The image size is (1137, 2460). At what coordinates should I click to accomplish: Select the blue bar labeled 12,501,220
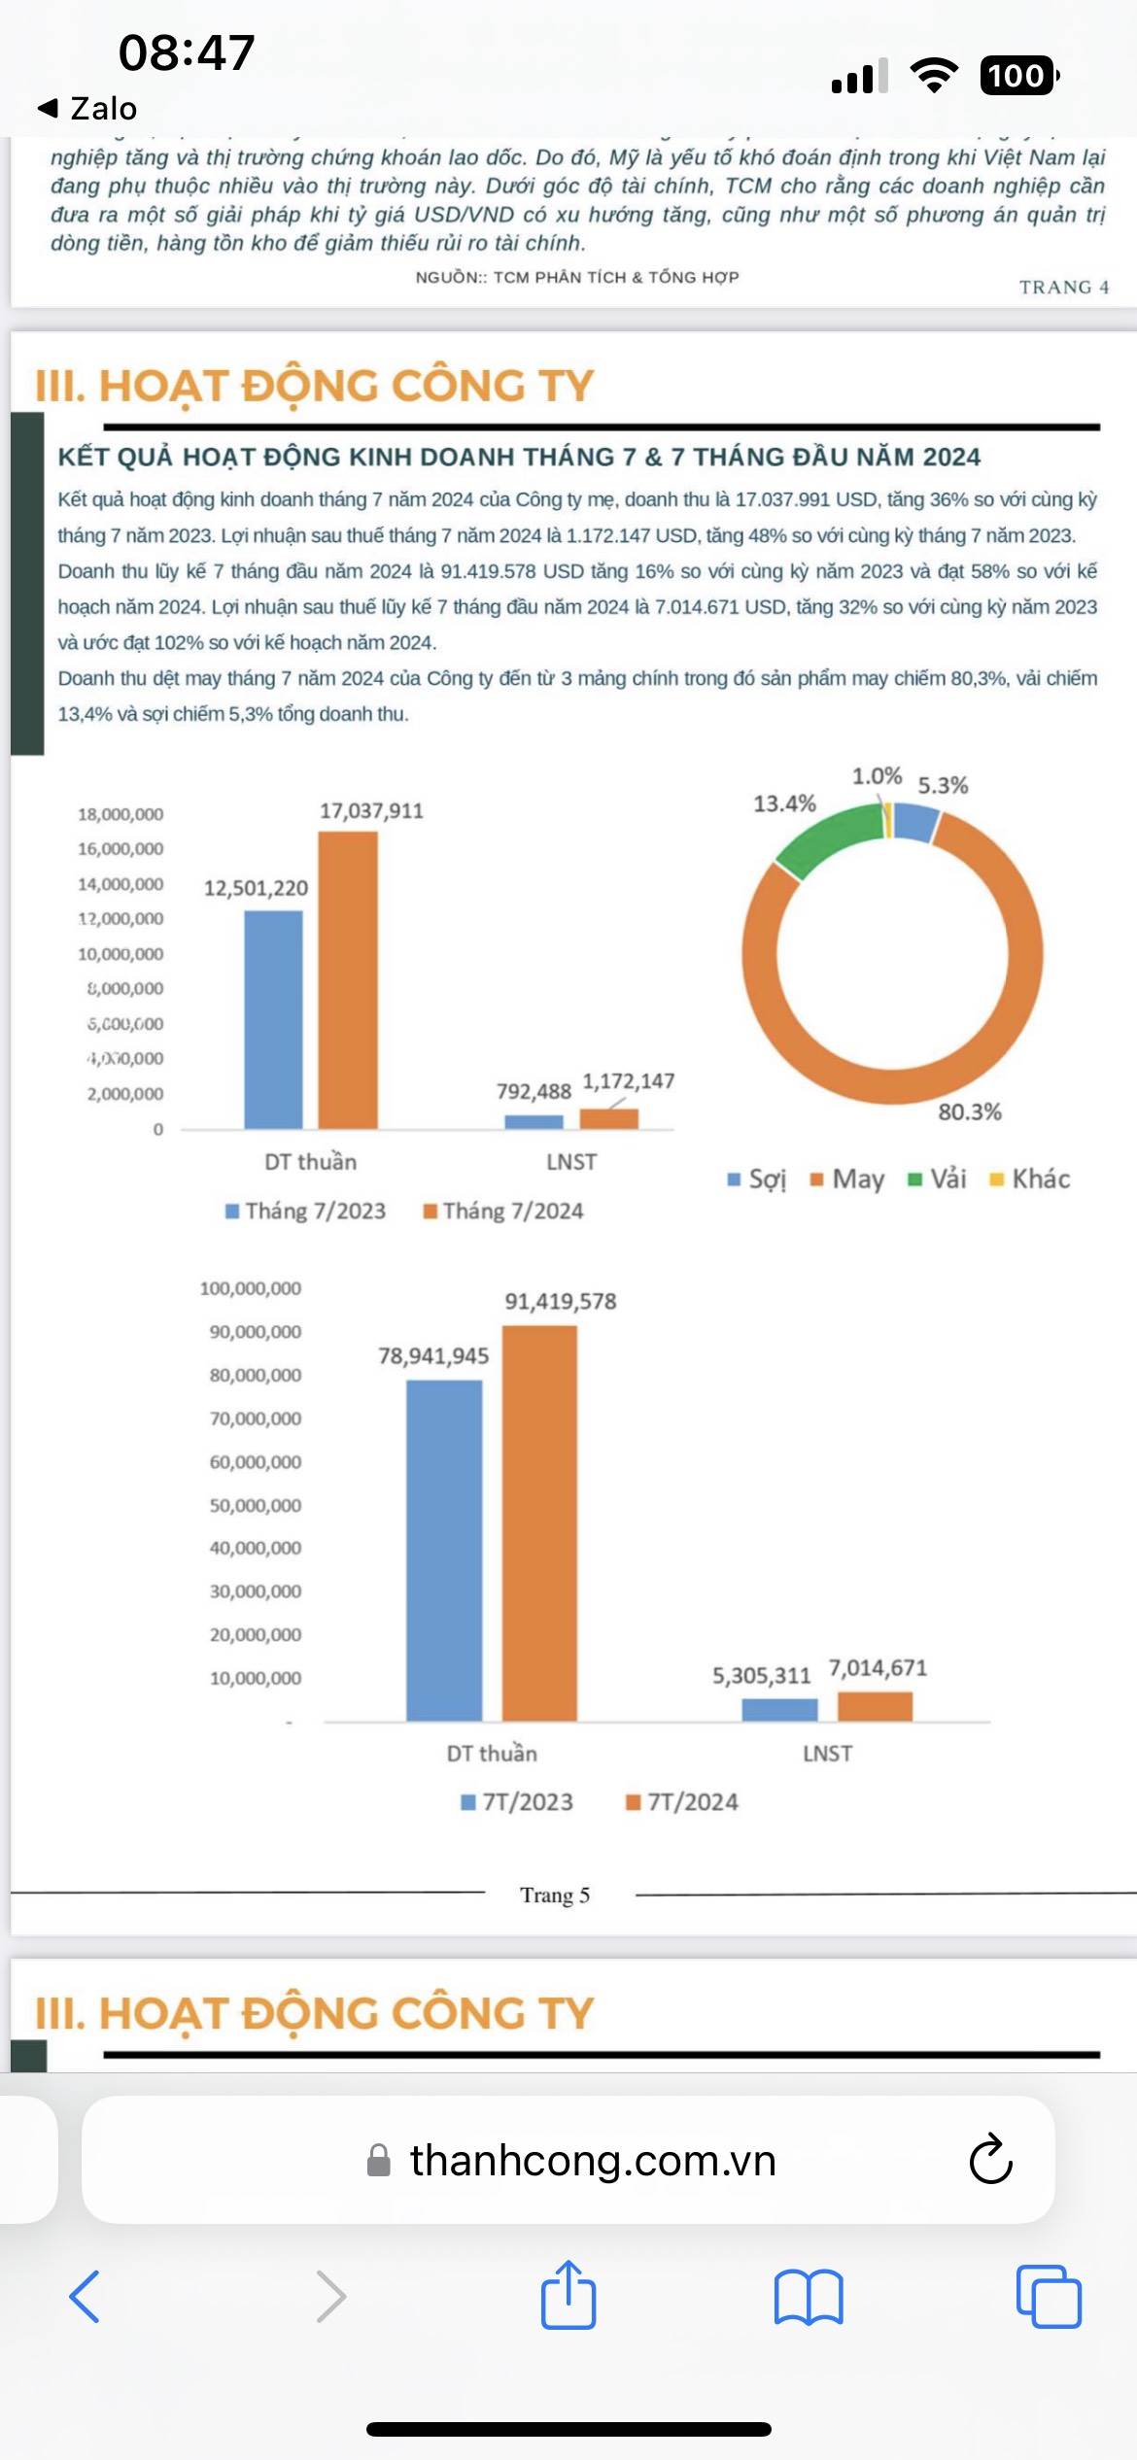[273, 1019]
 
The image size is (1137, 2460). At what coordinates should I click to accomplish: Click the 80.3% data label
[969, 1111]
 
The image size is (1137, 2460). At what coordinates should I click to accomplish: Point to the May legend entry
[847, 1179]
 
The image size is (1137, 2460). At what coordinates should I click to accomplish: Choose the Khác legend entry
[1030, 1179]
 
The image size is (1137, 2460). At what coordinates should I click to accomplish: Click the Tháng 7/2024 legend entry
[503, 1211]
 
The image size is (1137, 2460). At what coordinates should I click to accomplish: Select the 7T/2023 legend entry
[517, 1802]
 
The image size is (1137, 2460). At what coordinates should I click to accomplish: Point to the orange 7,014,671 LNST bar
[875, 1706]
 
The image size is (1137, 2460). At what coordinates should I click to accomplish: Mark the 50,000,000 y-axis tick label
[256, 1505]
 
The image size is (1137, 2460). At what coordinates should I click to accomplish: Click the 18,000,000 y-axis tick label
[121, 814]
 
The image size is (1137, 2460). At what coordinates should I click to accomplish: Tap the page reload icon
[990, 2160]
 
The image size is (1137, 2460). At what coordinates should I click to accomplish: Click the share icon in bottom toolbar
[568, 2297]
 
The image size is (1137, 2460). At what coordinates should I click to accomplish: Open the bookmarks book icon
[809, 2297]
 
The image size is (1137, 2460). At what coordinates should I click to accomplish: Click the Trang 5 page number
[555, 1895]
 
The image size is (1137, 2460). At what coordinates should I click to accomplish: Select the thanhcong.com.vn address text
[593, 2160]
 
